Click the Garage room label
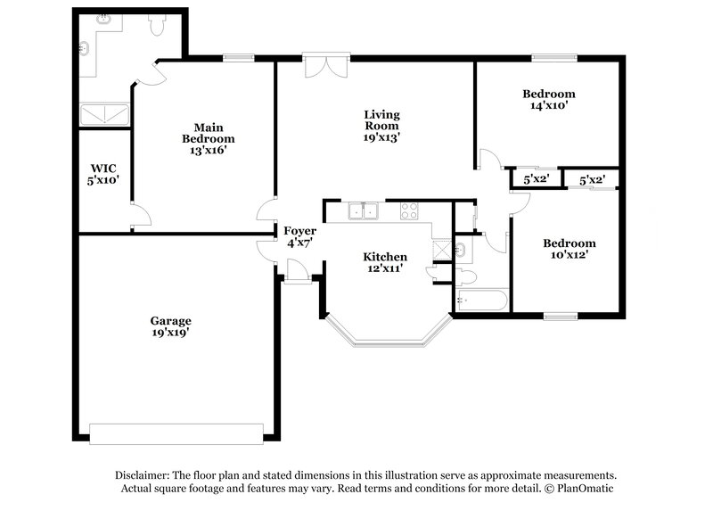pyautogui.click(x=169, y=326)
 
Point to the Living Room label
pyautogui.click(x=381, y=126)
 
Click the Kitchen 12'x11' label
pyautogui.click(x=386, y=262)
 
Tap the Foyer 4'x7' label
pyautogui.click(x=297, y=236)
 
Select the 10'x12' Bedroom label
pyautogui.click(x=570, y=249)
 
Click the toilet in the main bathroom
pyautogui.click(x=156, y=27)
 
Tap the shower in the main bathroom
pyautogui.click(x=105, y=114)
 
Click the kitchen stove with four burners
pyautogui.click(x=410, y=211)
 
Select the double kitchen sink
pyautogui.click(x=364, y=211)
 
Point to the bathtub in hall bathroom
pyautogui.click(x=481, y=301)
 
